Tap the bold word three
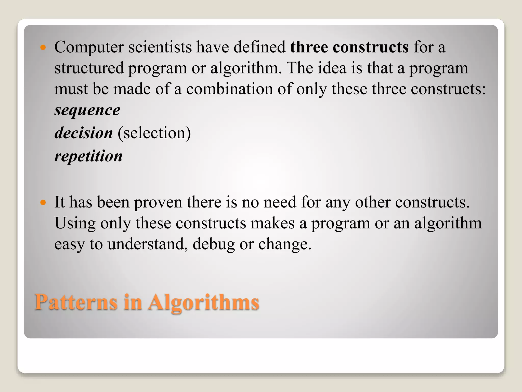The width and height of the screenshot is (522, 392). pos(309,47)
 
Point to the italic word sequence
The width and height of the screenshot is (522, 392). pos(87,110)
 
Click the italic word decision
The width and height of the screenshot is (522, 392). pos(84,133)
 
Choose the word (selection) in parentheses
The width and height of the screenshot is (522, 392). pos(154,133)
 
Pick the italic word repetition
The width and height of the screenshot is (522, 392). pos(88,156)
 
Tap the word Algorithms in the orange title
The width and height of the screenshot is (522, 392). pos(204,302)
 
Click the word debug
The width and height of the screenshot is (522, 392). pos(214,244)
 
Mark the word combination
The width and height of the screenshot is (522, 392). pos(229,89)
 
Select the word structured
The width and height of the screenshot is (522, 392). pos(89,68)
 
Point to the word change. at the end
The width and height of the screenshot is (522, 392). pos(285,244)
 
